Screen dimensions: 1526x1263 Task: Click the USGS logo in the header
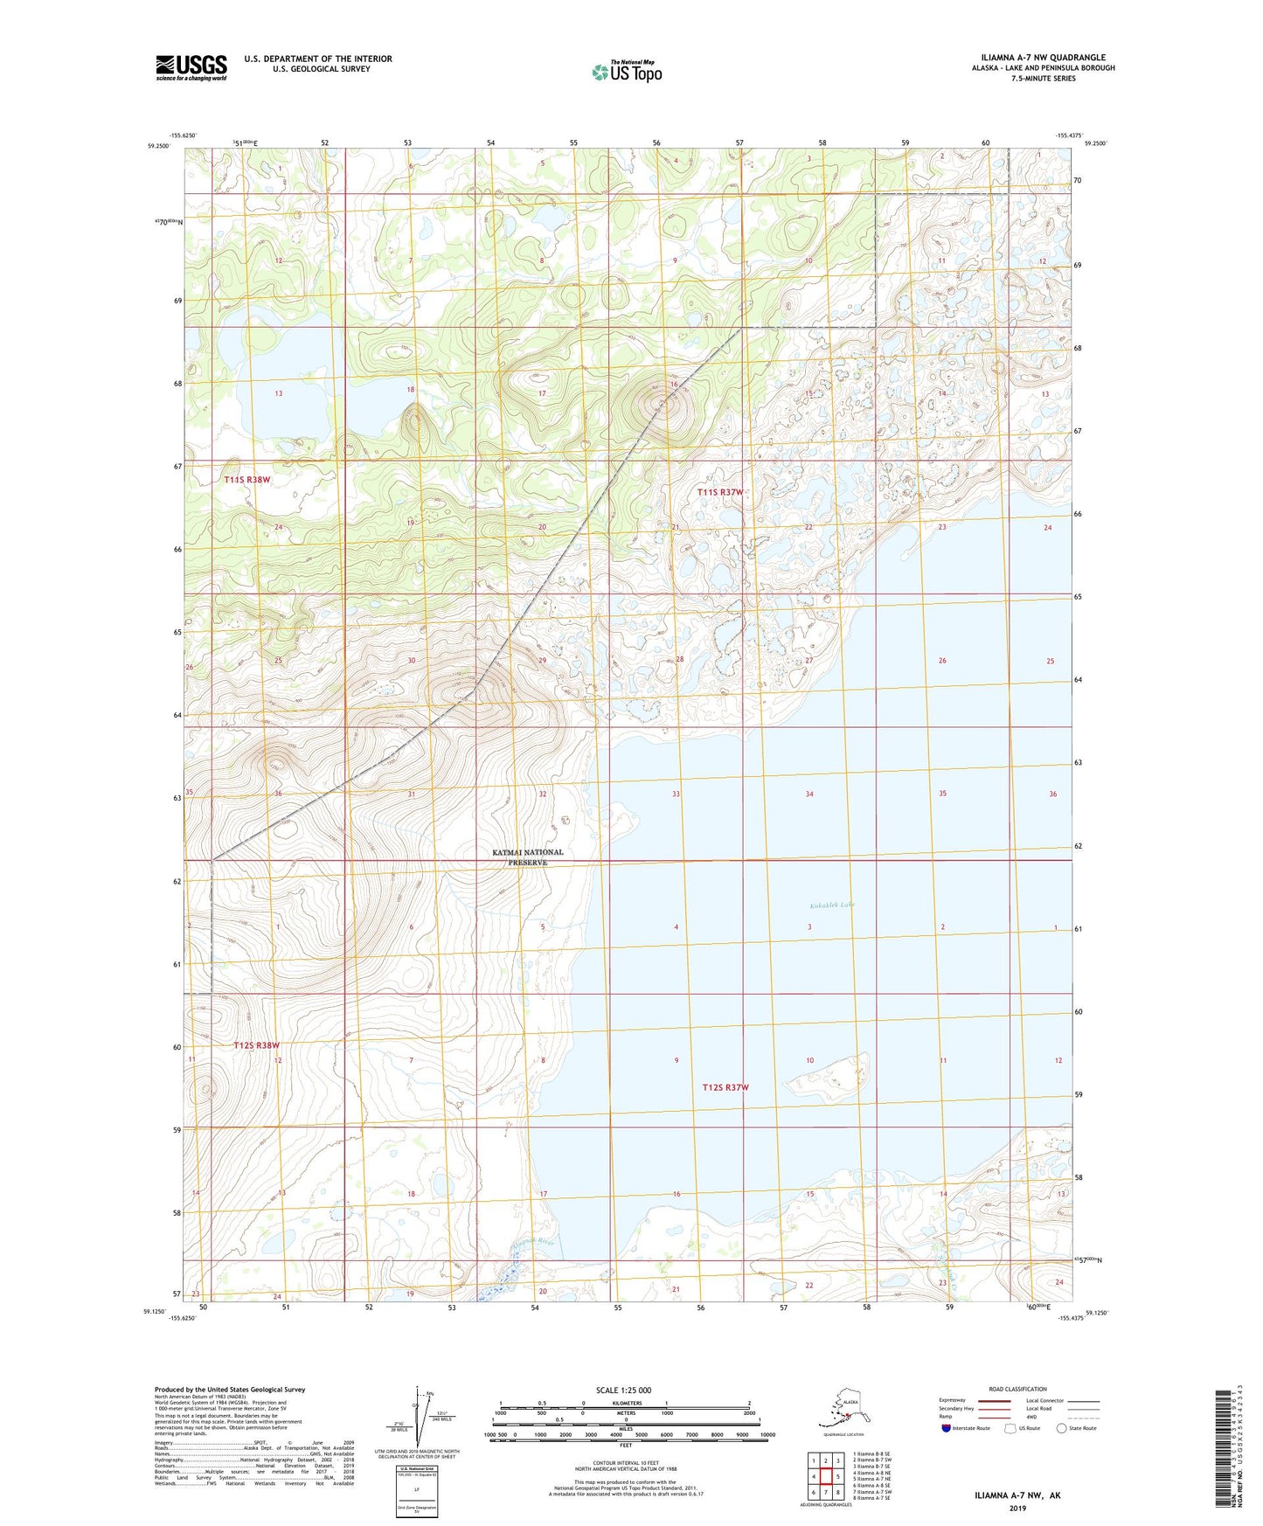191,67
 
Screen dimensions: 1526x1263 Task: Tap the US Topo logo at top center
627,71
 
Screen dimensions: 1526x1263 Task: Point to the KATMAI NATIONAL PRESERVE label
528,857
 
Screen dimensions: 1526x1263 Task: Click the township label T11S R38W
247,480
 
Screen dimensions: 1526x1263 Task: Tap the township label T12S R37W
725,1087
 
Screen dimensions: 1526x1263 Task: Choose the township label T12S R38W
257,1045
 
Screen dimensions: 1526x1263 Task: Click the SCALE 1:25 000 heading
624,1390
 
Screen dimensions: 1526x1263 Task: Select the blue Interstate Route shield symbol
947,1428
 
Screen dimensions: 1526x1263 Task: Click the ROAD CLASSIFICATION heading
1017,1389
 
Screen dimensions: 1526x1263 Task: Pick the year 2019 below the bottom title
1017,1508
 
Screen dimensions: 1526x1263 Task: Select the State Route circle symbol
1062,1428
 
